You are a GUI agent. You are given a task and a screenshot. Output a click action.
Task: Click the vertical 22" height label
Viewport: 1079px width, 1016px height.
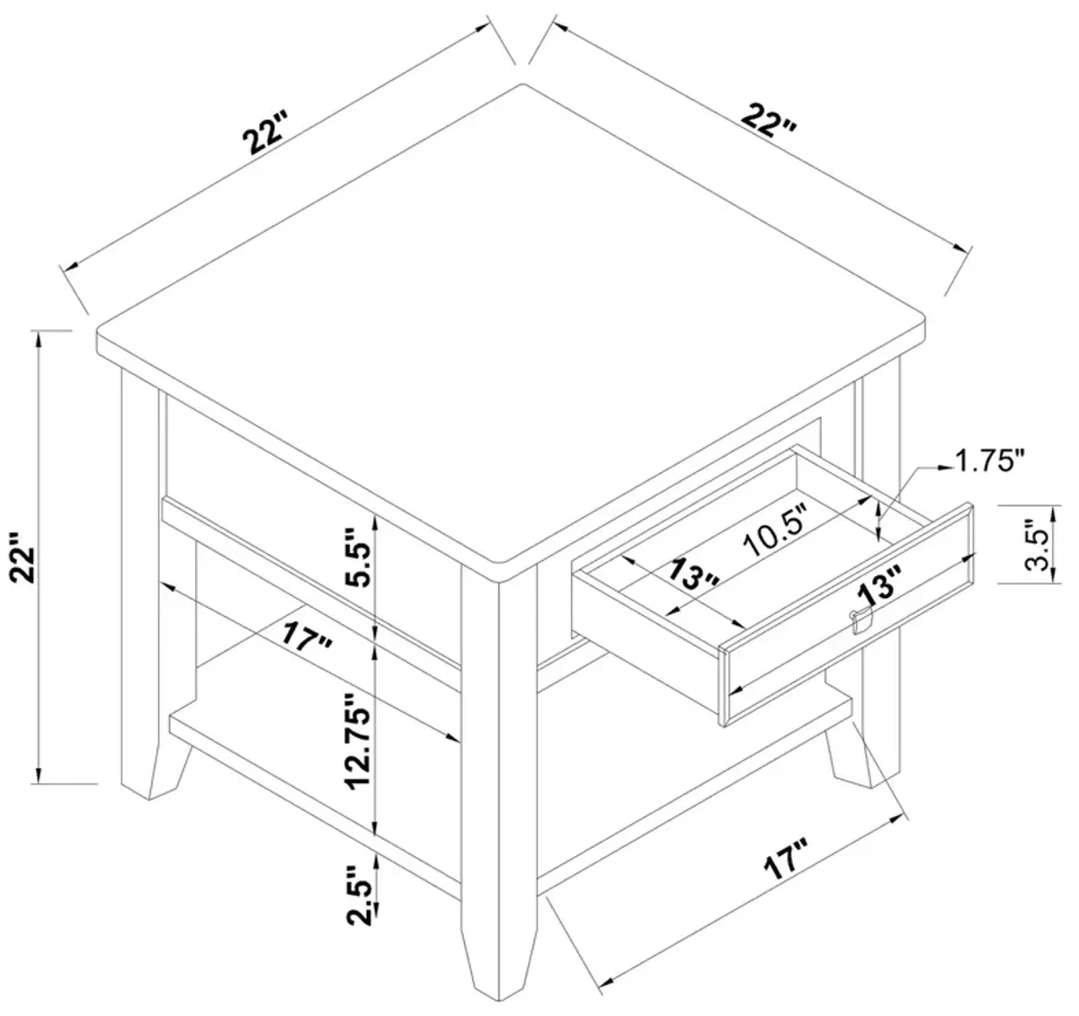(x=25, y=557)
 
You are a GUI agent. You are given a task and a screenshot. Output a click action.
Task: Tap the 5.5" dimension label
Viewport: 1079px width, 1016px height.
(x=359, y=557)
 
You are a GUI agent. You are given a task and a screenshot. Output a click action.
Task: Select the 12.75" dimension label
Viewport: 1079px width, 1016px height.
(x=359, y=741)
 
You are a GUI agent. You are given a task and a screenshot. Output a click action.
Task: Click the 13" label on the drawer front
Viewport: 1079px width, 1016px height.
(x=880, y=584)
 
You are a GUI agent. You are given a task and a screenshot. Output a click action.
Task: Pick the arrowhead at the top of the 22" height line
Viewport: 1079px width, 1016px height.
(x=38, y=340)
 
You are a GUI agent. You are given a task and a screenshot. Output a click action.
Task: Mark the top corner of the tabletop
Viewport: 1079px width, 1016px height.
(x=522, y=85)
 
